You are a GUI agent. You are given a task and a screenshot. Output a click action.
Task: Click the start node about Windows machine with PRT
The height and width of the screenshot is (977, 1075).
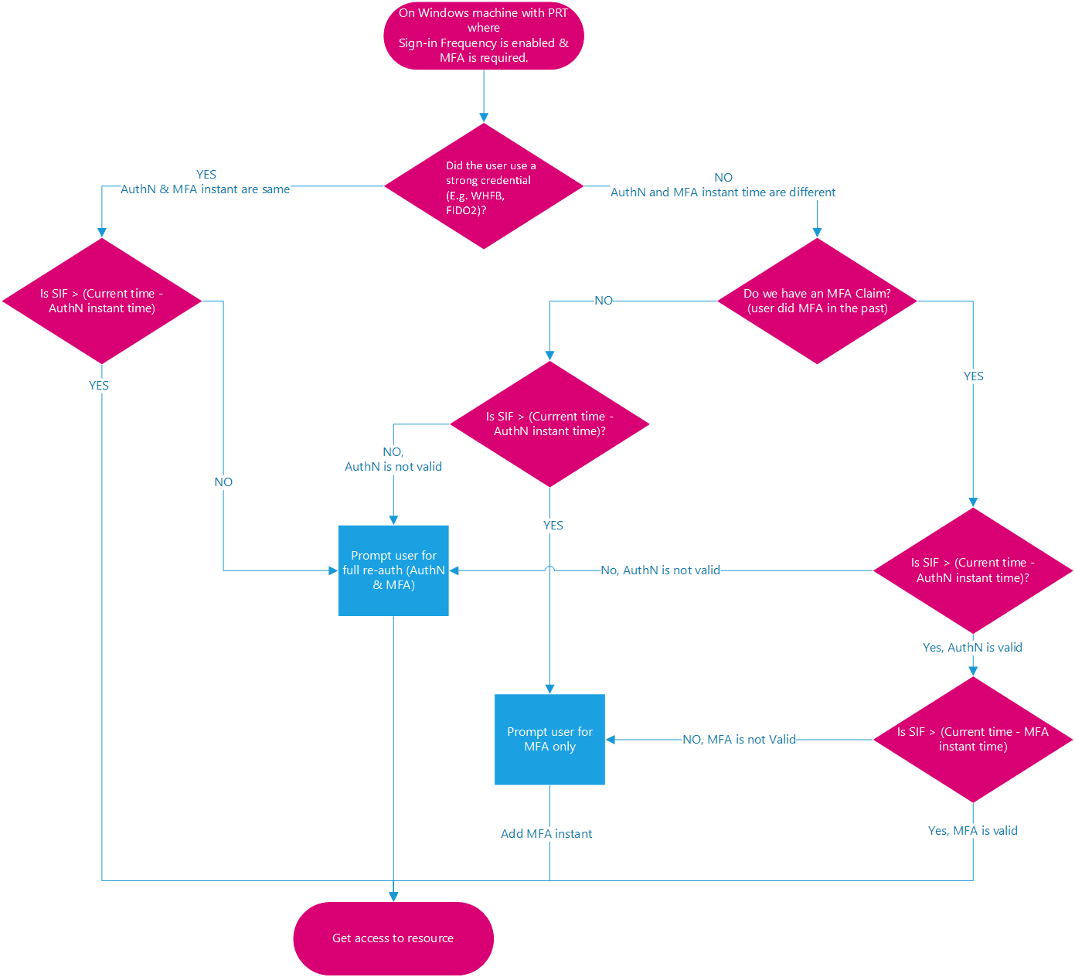(x=483, y=36)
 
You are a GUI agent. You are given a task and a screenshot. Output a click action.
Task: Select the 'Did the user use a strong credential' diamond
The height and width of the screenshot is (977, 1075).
(x=483, y=186)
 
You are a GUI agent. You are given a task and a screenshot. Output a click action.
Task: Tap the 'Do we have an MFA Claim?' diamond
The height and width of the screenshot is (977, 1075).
(x=817, y=301)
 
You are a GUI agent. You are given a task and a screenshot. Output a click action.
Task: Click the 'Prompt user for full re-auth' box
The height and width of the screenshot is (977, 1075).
(x=393, y=570)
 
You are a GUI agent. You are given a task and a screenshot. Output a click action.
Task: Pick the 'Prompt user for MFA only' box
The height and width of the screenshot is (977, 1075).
(x=549, y=739)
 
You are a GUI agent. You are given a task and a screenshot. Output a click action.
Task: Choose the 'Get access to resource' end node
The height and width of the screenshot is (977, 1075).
(x=393, y=938)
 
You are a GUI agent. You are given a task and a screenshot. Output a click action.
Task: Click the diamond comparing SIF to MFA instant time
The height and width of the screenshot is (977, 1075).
(x=972, y=739)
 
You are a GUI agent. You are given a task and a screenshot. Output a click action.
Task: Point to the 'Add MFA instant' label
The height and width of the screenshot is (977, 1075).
(x=546, y=833)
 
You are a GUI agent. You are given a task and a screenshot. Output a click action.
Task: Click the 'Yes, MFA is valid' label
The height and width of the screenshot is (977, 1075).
(x=972, y=830)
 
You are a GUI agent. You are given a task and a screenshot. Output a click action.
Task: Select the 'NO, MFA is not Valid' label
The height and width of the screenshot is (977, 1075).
(x=739, y=739)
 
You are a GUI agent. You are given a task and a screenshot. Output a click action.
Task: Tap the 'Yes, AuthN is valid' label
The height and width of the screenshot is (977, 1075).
(x=972, y=647)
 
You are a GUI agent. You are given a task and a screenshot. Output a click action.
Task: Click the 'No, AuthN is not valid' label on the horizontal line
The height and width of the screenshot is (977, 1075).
(x=660, y=570)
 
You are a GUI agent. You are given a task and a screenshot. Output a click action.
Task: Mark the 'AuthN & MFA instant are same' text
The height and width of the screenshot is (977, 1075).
(x=205, y=189)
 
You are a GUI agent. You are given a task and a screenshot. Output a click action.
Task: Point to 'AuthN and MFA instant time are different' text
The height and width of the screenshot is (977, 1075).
(x=723, y=192)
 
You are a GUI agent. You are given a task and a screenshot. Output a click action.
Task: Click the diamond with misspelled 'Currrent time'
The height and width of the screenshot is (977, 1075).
(x=549, y=424)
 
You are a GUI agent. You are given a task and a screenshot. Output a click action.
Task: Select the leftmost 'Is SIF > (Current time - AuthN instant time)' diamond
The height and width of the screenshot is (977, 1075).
(x=102, y=301)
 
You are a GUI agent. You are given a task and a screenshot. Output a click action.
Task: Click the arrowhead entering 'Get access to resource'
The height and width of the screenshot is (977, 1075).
(x=393, y=897)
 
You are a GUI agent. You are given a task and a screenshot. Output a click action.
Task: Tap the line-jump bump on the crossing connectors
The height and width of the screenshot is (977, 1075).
(x=549, y=570)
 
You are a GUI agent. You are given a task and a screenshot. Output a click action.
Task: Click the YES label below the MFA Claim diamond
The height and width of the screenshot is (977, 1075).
(x=973, y=376)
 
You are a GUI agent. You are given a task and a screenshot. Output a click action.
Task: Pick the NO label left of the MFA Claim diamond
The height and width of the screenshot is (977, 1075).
(x=604, y=300)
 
